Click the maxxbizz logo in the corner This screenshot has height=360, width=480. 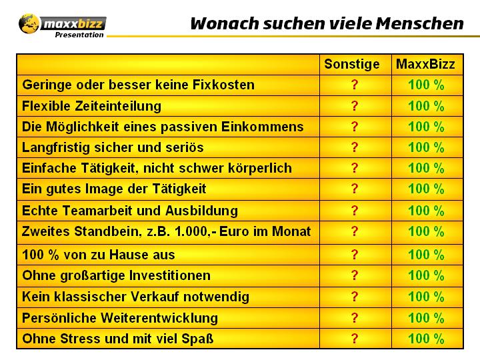61,24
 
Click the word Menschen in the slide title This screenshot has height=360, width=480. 419,24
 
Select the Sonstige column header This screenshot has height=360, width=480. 352,65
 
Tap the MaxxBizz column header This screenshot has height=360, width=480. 425,65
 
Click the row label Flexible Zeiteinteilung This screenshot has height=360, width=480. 92,106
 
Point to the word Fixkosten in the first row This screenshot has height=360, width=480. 221,85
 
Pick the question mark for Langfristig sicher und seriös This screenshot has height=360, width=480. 355,147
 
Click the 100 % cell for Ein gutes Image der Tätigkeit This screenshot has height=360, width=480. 425,189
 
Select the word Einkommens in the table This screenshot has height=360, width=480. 269,127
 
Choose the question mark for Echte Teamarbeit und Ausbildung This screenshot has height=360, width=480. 355,211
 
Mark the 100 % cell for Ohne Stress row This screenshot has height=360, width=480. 425,339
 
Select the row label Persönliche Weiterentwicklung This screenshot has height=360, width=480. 120,317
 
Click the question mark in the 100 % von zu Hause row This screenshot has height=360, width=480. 355,254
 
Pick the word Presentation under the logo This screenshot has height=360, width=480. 79,35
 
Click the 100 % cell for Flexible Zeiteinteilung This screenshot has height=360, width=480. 425,106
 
